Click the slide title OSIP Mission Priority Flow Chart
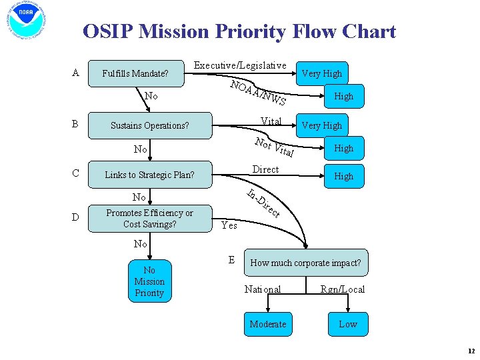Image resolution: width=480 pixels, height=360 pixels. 239,31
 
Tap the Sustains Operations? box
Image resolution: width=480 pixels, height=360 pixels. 149,125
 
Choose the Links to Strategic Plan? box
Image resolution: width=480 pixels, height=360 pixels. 149,175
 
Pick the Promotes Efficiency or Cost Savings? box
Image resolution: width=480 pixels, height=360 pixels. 149,219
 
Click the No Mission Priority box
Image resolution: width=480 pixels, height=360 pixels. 149,281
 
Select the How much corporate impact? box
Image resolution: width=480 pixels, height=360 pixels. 305,263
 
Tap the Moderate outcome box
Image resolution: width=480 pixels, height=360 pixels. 267,324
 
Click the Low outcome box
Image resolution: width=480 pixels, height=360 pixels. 347,324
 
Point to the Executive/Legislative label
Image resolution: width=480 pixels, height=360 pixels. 239,65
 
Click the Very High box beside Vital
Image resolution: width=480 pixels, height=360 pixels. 321,125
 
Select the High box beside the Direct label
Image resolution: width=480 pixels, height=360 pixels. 343,176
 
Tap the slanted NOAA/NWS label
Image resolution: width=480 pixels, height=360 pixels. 258,93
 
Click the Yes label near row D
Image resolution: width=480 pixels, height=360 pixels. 229,225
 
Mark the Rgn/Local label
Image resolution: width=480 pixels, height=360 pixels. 342,289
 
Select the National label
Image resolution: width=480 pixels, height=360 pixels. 263,289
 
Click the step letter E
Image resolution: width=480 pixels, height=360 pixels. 231,259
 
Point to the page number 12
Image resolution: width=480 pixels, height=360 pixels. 471,351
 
